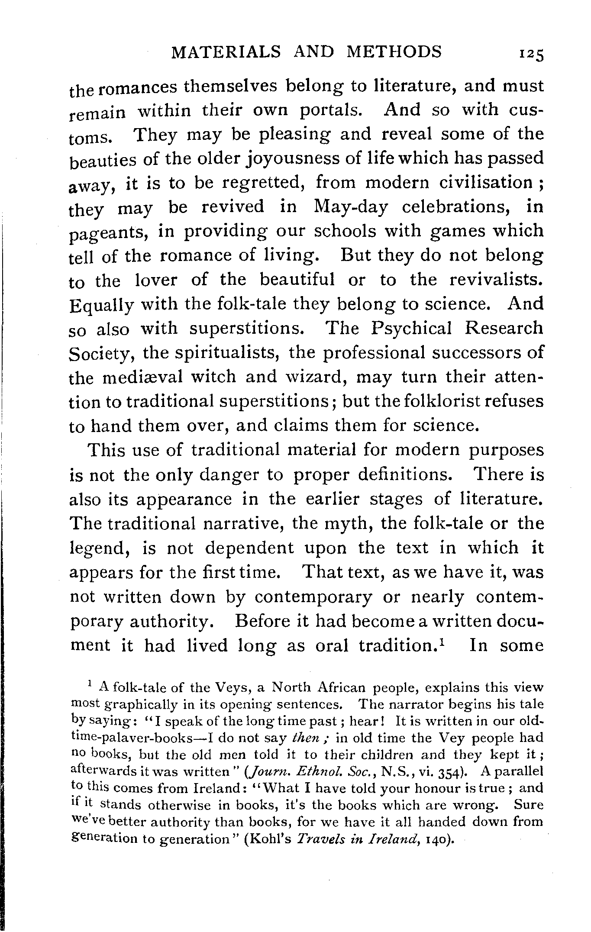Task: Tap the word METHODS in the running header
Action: point(394,52)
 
